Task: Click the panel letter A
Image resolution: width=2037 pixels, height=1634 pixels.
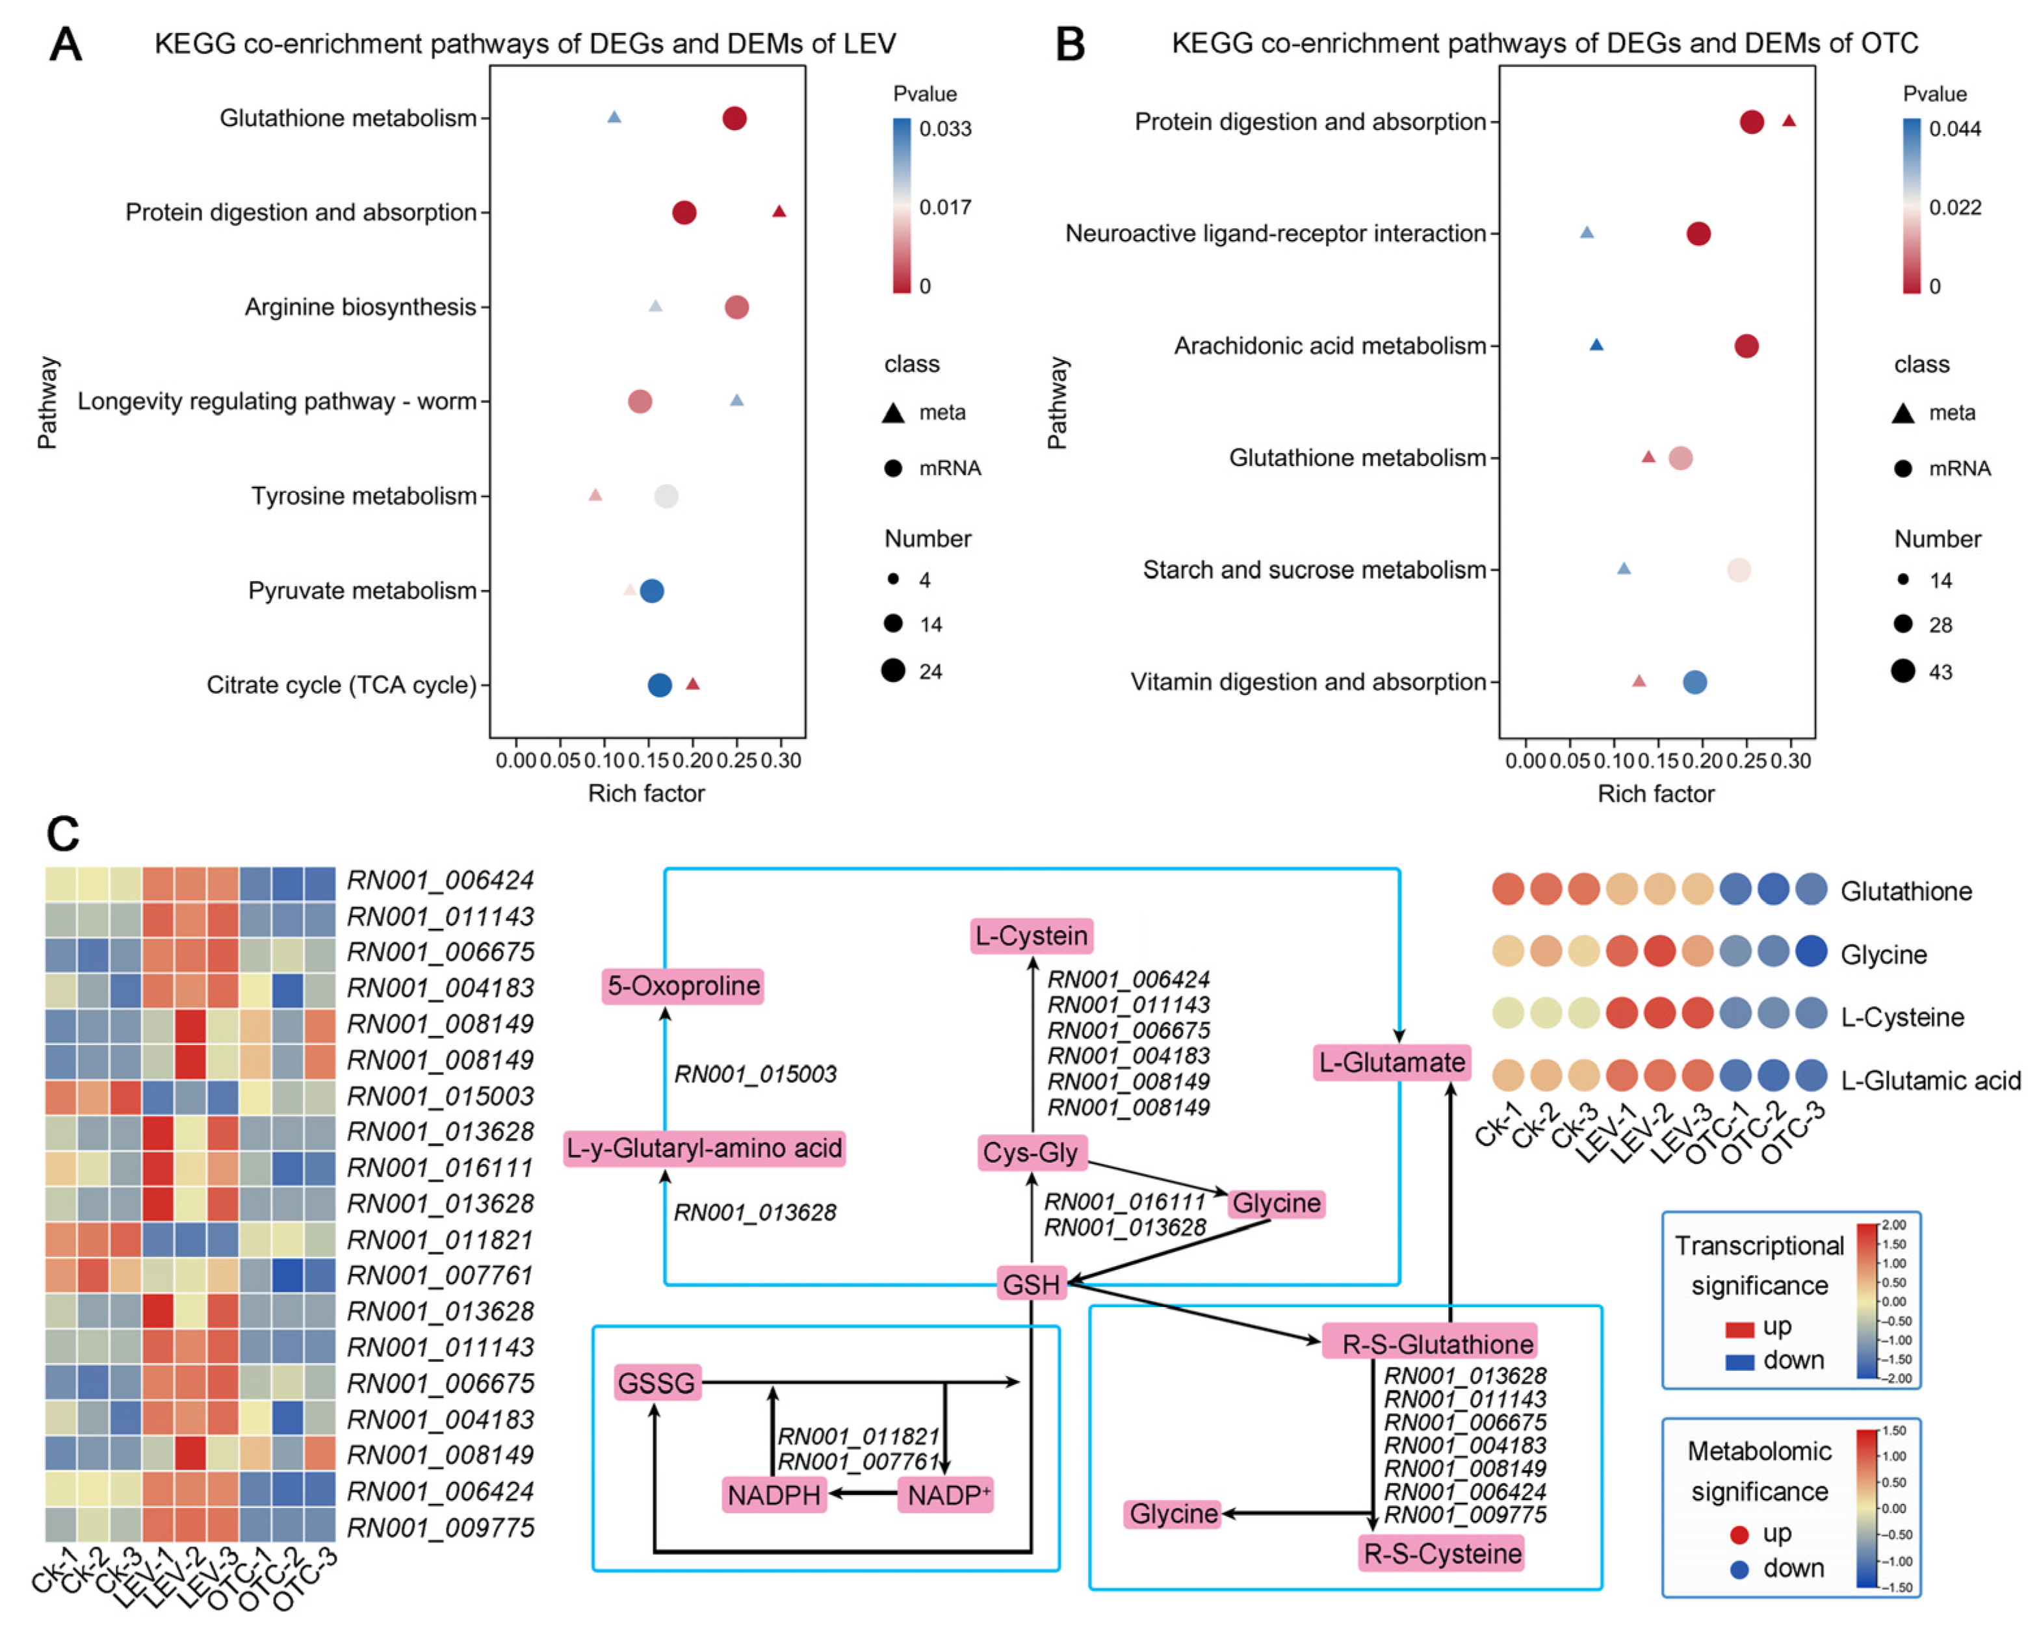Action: [x=65, y=44]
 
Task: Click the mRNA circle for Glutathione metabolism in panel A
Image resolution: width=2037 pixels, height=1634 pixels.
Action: [x=734, y=118]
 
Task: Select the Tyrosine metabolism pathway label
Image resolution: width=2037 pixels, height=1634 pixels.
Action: [x=364, y=496]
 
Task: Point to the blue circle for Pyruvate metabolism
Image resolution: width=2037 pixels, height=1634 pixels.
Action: [x=652, y=591]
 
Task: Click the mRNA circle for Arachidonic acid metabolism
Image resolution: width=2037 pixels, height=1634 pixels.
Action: [x=1746, y=346]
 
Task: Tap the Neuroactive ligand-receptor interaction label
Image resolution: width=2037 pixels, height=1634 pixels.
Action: [x=1275, y=233]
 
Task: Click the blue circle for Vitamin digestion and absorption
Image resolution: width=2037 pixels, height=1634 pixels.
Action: [x=1695, y=681]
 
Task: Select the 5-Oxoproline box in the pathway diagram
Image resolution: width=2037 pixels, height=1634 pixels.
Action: [x=683, y=986]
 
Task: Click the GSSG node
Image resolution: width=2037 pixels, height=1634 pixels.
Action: [x=656, y=1382]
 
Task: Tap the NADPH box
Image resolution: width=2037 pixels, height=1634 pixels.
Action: [x=774, y=1495]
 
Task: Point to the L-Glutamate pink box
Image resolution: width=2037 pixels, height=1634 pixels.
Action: [x=1392, y=1062]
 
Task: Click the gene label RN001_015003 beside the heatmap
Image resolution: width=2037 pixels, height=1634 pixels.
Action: [x=440, y=1095]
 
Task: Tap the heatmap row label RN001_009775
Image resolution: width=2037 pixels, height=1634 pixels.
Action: [x=440, y=1527]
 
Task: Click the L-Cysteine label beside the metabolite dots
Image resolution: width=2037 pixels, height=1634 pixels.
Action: [x=1902, y=1017]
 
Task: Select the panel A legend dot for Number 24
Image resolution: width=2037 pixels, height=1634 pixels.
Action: [x=893, y=671]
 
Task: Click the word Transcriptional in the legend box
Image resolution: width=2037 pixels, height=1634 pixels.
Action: [x=1759, y=1245]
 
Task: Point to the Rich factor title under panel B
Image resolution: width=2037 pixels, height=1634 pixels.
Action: [x=1655, y=794]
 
